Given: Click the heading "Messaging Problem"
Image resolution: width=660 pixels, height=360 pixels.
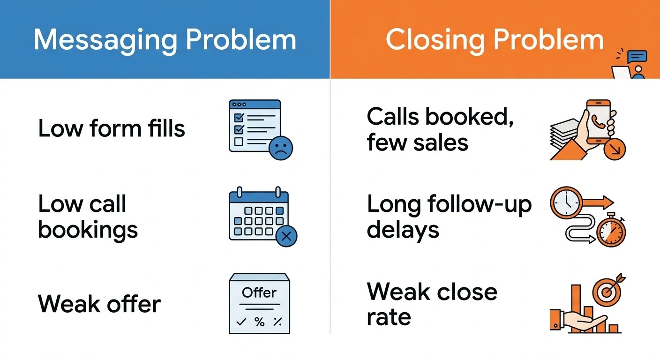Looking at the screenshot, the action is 165,40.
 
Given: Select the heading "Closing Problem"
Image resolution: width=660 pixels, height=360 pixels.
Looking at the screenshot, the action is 495,40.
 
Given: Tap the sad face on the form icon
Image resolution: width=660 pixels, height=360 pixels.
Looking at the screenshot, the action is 281,148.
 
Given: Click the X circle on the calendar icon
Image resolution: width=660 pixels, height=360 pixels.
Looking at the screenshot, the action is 286,236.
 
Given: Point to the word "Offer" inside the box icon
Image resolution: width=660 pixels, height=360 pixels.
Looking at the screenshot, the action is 259,292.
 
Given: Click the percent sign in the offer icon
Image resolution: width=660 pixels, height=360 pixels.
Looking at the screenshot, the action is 259,322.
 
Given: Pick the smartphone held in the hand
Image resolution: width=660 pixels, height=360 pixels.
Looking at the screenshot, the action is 599,122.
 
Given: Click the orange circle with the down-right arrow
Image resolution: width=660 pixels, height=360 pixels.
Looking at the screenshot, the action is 615,149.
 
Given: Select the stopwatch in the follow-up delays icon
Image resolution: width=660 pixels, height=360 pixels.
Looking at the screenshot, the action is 611,230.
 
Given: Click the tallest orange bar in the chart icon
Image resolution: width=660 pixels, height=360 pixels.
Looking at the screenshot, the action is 576,308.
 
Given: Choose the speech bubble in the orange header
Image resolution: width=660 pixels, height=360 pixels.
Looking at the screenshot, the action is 637,57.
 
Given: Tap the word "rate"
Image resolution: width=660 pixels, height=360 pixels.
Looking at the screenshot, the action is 389,317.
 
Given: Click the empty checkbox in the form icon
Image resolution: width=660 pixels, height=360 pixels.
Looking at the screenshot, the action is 239,142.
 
